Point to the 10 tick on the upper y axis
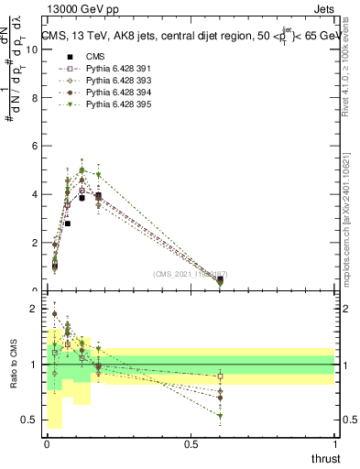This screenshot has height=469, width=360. click(x=33, y=49)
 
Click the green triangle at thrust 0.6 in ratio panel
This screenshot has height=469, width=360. click(x=220, y=416)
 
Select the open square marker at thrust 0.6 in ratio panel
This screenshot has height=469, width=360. click(x=220, y=376)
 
